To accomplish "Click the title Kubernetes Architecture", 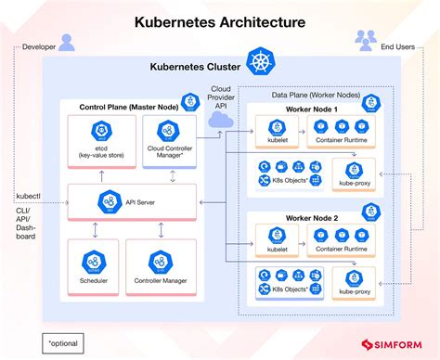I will (220, 19).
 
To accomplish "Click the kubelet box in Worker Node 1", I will (280, 135).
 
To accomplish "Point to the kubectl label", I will (28, 197).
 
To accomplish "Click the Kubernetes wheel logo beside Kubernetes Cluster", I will (257, 66).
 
